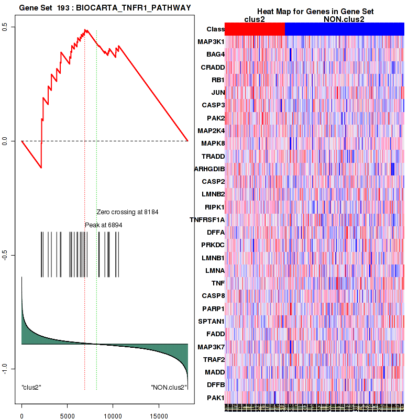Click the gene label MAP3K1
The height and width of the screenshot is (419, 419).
[x=211, y=42]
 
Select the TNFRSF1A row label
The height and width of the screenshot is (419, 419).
[x=207, y=219]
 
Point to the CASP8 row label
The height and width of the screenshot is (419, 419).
[x=213, y=296]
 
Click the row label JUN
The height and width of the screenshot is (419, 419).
[x=218, y=93]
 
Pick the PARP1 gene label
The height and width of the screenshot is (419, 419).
[x=213, y=308]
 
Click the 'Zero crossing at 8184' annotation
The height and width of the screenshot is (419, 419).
[x=127, y=212]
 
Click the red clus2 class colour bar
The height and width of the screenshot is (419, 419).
[x=255, y=29]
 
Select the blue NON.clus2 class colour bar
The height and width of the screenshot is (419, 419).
[x=344, y=29]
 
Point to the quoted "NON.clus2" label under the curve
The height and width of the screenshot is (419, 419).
[x=169, y=387]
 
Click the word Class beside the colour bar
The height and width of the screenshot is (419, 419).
[x=215, y=29]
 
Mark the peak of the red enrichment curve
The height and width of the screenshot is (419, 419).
[x=85, y=30]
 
